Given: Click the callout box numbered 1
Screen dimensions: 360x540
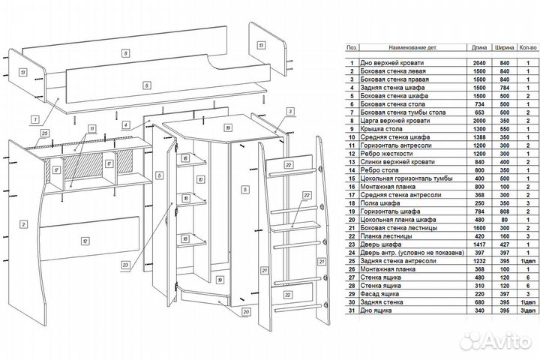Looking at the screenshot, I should [x=34, y=118].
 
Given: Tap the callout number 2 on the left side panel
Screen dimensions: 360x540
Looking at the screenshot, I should [x=24, y=223].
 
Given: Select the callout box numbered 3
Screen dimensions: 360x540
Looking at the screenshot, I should [x=289, y=111].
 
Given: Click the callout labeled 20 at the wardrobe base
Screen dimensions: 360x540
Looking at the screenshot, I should [x=246, y=312].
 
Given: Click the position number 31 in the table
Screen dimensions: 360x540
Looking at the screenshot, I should [x=351, y=310].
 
